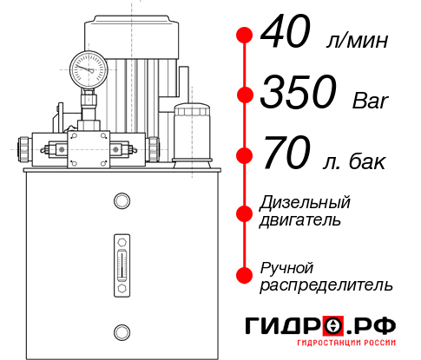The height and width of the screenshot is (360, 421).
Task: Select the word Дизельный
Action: tap(306, 203)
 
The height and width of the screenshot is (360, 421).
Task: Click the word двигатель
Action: tap(299, 220)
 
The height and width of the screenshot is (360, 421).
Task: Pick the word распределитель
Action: tap(326, 285)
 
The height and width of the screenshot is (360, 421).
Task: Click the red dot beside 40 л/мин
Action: tap(245, 36)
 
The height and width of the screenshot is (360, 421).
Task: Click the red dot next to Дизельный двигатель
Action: tap(245, 213)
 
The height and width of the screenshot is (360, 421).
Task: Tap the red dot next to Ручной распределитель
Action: tap(245, 275)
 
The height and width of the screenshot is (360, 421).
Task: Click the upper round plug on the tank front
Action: tap(121, 201)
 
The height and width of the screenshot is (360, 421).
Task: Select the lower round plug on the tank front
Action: tap(121, 330)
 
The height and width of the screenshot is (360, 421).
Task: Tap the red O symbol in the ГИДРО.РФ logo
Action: tap(333, 326)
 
